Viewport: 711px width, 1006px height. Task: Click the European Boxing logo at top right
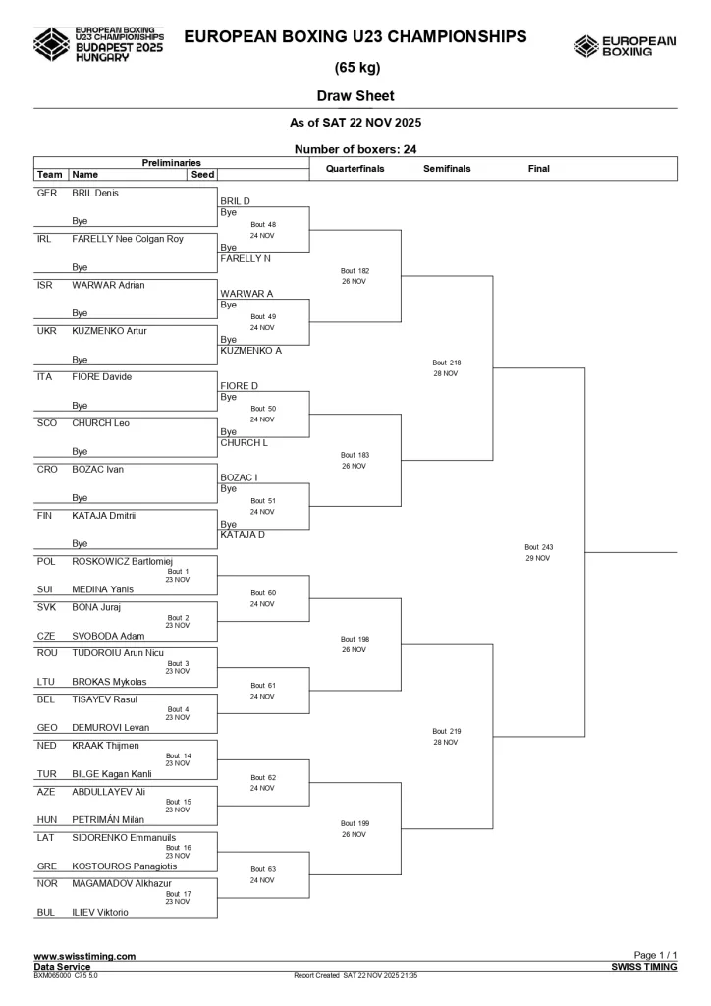point(625,45)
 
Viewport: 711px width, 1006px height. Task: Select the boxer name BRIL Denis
point(95,193)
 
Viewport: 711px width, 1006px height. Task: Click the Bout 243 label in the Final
point(539,547)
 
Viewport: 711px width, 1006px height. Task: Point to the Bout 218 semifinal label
point(446,363)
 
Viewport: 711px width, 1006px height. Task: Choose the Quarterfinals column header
point(355,169)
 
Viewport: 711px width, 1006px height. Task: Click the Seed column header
point(201,174)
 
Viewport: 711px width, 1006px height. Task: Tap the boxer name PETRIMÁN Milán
point(108,819)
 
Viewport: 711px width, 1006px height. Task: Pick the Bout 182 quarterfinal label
point(355,270)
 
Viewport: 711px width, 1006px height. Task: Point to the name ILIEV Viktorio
point(100,912)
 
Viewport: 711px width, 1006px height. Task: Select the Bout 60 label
point(262,593)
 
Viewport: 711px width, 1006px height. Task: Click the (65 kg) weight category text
point(355,68)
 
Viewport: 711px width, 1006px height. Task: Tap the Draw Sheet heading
point(355,96)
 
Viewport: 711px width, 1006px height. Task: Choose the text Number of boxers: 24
point(355,149)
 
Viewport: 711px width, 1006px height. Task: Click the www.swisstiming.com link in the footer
point(84,956)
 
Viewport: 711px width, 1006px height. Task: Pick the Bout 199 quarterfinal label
point(355,823)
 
